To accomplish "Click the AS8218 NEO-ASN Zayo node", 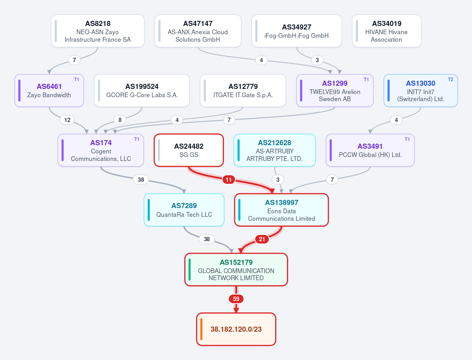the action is tap(98, 31).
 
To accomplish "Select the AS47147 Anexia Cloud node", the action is tap(198, 31).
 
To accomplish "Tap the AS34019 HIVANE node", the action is tap(387, 31).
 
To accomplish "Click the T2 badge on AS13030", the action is tap(450, 79).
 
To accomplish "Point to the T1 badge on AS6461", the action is tap(76, 79).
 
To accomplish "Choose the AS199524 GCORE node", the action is tap(142, 90).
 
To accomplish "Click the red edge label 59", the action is tap(236, 299).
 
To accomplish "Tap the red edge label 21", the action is tap(262, 239).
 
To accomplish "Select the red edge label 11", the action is tap(228, 180).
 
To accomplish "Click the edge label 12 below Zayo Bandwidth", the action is tap(67, 120).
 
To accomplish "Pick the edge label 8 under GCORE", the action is tap(120, 120).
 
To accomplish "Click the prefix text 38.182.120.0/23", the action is tap(236, 329).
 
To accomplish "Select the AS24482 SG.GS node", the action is tap(189, 150).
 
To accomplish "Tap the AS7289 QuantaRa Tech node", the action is tap(184, 210).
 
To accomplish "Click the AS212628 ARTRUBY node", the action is tap(274, 150).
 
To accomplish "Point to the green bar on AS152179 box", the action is tap(189, 270).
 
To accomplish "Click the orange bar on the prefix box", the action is tap(201, 329).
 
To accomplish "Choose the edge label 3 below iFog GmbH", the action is tap(317, 60).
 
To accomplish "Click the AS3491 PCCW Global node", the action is tap(370, 150).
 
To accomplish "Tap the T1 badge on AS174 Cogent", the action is tap(137, 139).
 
